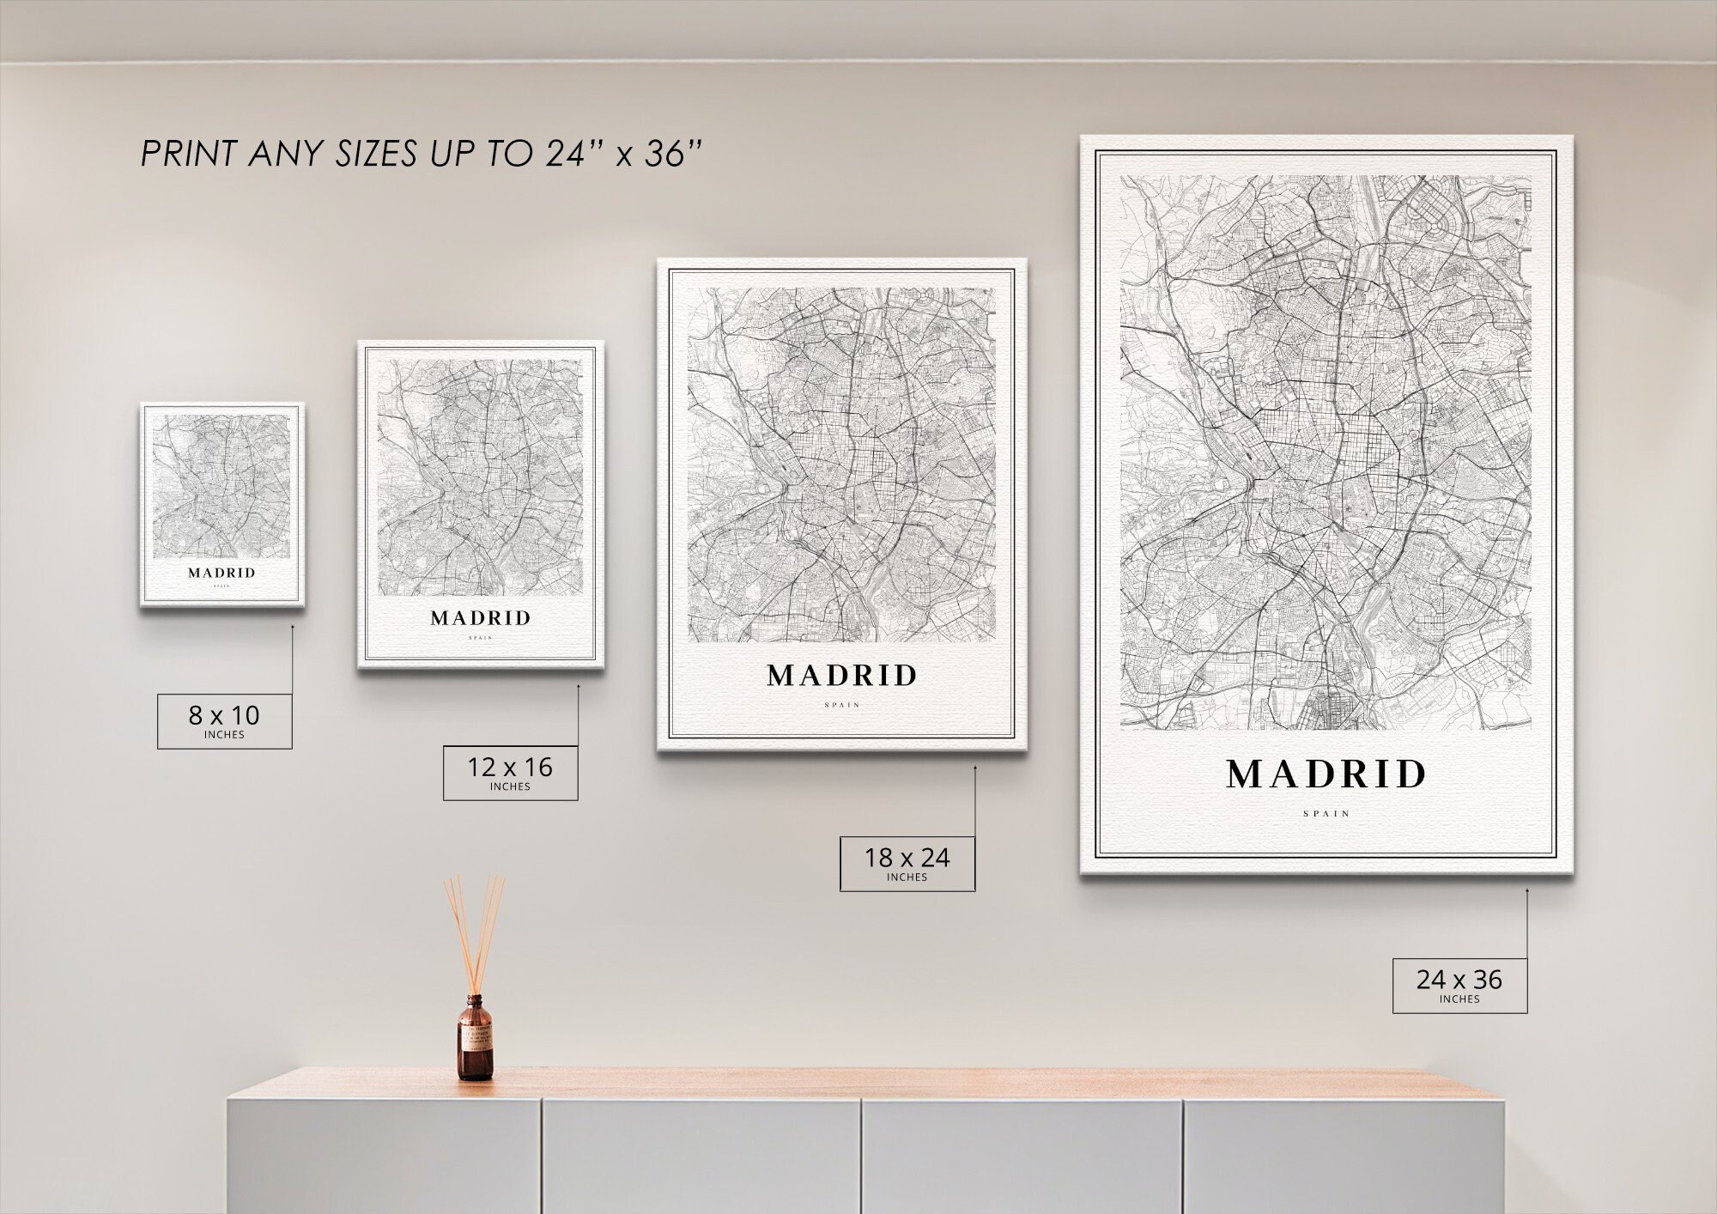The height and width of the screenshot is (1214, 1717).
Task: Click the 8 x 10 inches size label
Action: (224, 721)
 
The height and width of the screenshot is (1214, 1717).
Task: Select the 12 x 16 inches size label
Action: (510, 773)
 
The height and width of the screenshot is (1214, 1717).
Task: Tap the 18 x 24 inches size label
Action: (907, 863)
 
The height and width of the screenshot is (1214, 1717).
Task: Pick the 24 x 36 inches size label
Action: (1459, 985)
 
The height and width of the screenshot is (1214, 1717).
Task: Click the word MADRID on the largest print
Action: (1326, 774)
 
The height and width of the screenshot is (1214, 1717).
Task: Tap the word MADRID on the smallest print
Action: (221, 573)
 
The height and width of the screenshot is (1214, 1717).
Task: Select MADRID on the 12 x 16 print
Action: (481, 618)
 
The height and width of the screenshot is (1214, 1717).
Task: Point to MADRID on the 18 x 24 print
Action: (842, 677)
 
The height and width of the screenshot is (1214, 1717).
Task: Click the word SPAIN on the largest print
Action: (1326, 813)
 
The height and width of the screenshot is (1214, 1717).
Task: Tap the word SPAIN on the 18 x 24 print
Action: (842, 705)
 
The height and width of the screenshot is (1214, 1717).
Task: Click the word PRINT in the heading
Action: (188, 155)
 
